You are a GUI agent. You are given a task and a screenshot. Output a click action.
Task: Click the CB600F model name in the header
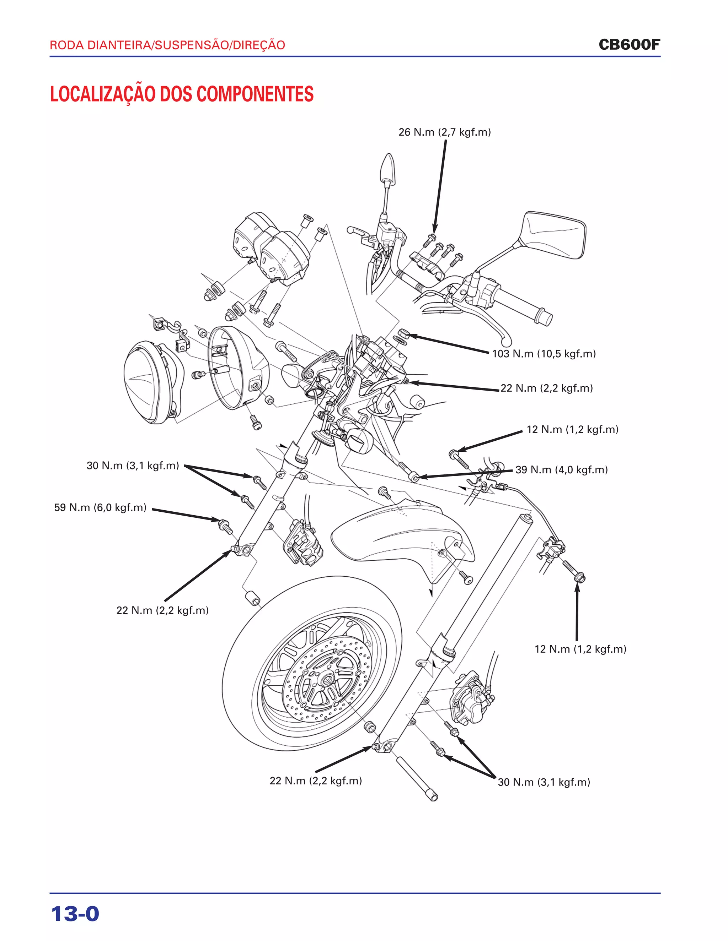(629, 44)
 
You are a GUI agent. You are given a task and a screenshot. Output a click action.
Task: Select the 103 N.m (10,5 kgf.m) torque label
(544, 354)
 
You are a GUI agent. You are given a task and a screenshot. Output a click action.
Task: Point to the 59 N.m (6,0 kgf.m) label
(100, 507)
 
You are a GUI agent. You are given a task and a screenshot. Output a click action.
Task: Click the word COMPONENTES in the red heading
(255, 94)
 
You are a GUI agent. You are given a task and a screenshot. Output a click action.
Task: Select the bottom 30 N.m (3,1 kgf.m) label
(544, 782)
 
